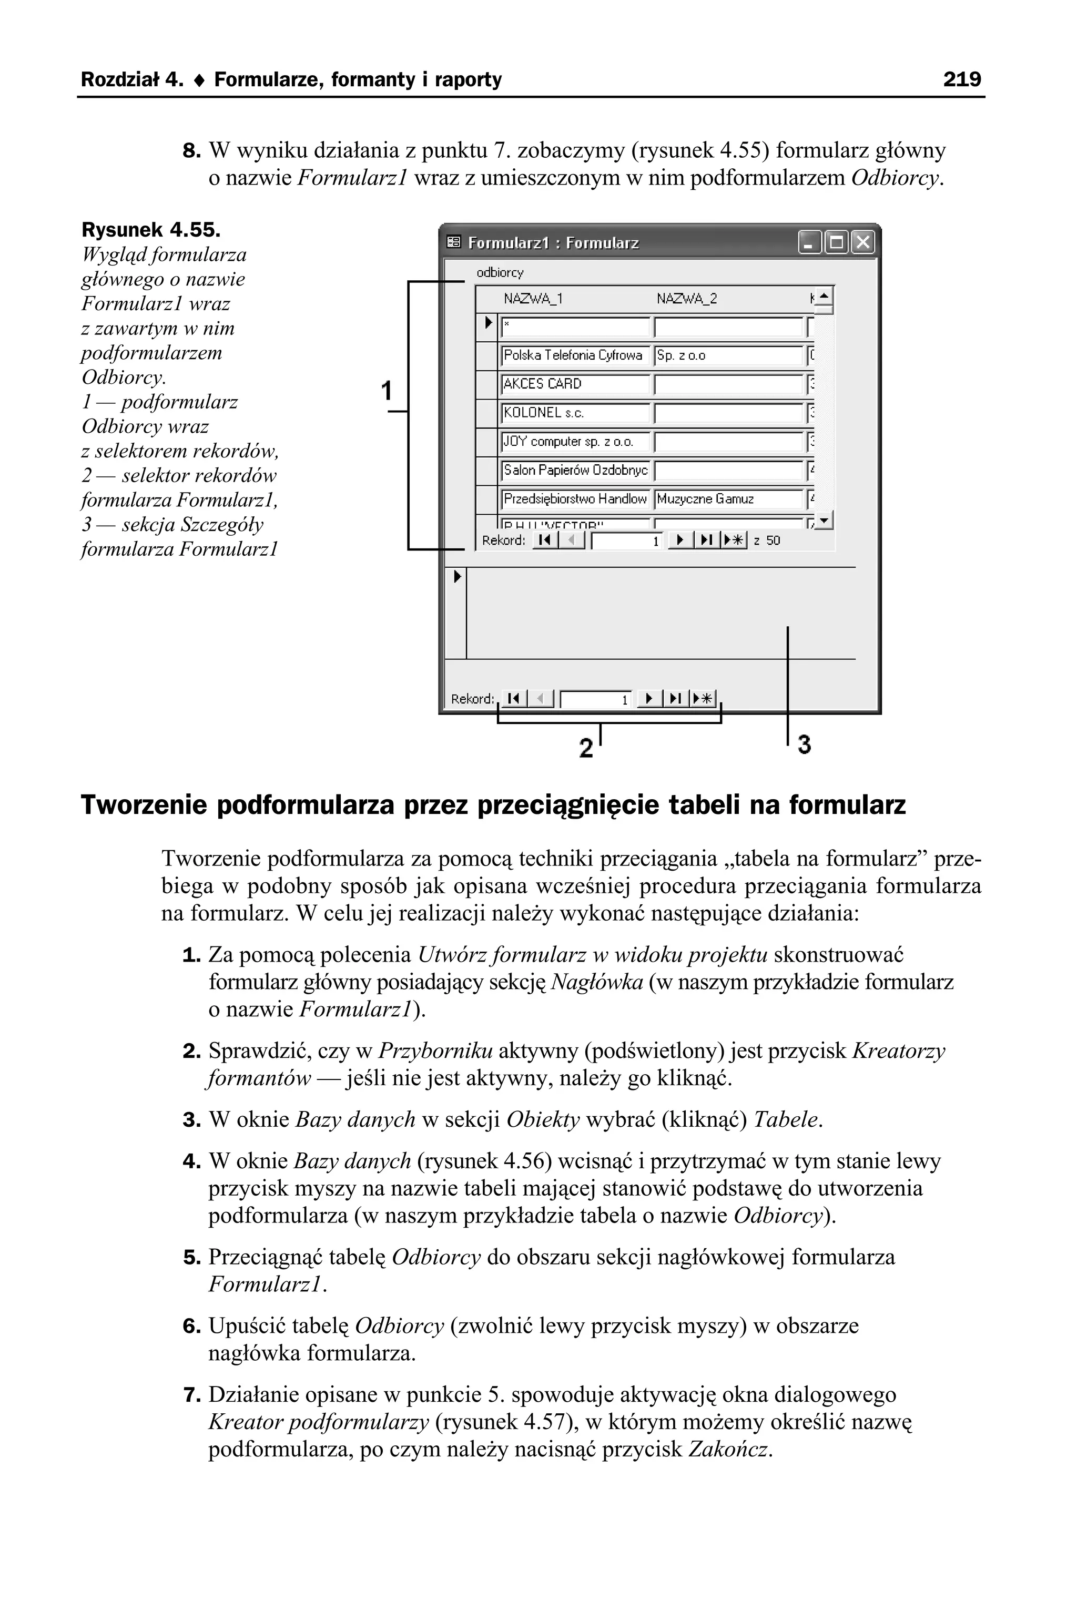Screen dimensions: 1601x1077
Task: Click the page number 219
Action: click(x=962, y=79)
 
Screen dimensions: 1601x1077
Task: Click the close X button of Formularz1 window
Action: click(x=862, y=242)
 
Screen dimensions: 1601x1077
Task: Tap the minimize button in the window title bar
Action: click(x=809, y=242)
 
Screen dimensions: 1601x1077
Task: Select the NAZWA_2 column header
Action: click(x=686, y=299)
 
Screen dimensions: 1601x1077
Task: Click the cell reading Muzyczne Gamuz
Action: click(x=728, y=499)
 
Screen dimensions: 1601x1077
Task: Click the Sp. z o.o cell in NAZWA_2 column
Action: click(x=728, y=355)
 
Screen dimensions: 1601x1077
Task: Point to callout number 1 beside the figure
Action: click(x=387, y=391)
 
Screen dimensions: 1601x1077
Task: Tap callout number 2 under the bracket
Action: click(x=585, y=748)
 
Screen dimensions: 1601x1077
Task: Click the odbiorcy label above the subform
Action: click(x=500, y=272)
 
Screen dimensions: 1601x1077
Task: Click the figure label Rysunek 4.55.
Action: click(x=151, y=229)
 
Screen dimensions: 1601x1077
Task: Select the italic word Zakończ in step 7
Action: click(x=729, y=1449)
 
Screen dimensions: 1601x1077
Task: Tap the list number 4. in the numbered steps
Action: click(x=191, y=1161)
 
